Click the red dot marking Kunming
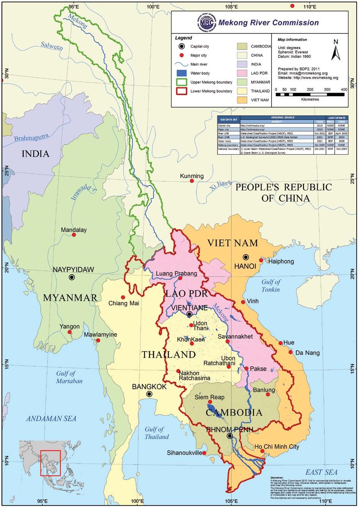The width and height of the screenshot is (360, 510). click(192, 181)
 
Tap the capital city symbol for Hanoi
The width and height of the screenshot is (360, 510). click(246, 257)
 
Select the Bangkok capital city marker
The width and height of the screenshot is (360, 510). click(149, 394)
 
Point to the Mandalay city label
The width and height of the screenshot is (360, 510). click(74, 230)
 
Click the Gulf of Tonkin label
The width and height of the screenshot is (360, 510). click(271, 286)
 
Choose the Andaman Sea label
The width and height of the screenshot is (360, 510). click(51, 418)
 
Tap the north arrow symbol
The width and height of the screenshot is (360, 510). click(336, 51)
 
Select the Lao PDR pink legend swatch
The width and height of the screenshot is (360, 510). click(242, 73)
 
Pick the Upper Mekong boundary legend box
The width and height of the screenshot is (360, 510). click(182, 82)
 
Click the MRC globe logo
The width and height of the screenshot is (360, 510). click(206, 23)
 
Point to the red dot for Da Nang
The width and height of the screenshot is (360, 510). click(290, 352)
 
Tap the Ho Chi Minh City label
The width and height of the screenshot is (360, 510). click(277, 446)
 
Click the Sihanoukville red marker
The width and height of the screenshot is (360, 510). click(204, 453)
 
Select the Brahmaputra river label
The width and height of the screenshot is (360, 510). click(31, 137)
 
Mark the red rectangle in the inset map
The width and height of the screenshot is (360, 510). click(51, 463)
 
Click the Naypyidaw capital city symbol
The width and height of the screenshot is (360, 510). click(72, 277)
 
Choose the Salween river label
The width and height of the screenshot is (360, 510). click(52, 46)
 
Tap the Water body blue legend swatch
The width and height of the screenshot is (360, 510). click(182, 73)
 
